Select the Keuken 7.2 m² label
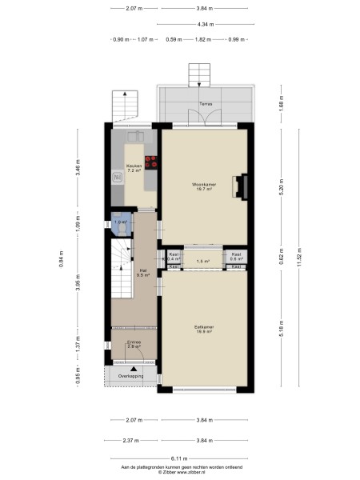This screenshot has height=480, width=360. [x=133, y=169]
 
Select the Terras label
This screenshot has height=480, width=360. [x=206, y=104]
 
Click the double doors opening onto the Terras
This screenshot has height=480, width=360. [x=206, y=118]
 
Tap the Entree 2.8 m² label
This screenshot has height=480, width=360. [x=134, y=345]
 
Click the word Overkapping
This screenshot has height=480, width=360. [x=131, y=376]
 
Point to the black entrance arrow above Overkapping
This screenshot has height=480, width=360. [x=122, y=368]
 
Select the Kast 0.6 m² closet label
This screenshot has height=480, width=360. [x=236, y=257]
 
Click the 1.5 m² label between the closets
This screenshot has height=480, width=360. [x=203, y=261]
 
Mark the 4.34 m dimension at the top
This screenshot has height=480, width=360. [x=206, y=24]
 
